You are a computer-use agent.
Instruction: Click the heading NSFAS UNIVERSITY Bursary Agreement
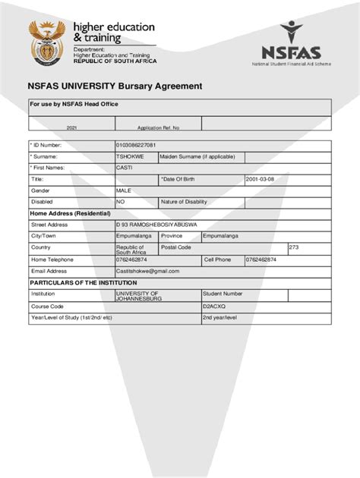click(x=115, y=86)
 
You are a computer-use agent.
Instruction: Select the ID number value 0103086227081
click(x=136, y=145)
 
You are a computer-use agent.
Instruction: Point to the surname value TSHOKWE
click(x=129, y=156)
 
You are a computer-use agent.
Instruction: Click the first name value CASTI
click(x=124, y=167)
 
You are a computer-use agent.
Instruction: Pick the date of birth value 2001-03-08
click(x=260, y=179)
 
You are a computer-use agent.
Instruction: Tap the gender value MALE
click(x=124, y=190)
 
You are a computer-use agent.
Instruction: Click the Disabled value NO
click(x=120, y=202)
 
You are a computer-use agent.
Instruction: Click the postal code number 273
click(x=294, y=247)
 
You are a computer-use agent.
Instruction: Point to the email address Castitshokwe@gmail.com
click(x=147, y=271)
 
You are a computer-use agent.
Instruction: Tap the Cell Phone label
click(x=217, y=259)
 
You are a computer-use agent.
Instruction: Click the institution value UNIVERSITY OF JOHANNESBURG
click(x=138, y=296)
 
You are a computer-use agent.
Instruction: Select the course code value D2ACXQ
click(x=213, y=307)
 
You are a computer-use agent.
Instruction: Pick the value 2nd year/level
click(x=220, y=318)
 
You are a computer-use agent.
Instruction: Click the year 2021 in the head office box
click(x=71, y=127)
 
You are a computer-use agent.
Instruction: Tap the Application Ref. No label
click(x=158, y=127)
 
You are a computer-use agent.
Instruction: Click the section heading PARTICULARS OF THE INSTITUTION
click(x=90, y=282)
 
